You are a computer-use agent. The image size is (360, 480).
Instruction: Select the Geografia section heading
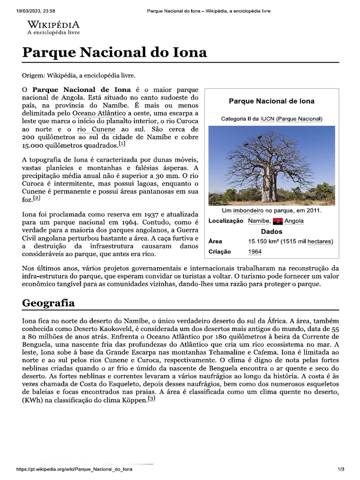click(48, 303)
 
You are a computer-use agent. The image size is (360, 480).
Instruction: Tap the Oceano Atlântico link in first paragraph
click(99, 113)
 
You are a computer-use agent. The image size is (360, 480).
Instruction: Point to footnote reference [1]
click(122, 143)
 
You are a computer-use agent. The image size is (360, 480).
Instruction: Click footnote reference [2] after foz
click(37, 198)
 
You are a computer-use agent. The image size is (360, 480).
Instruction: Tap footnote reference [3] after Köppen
click(151, 399)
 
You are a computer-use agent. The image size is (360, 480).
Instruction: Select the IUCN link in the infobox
click(267, 119)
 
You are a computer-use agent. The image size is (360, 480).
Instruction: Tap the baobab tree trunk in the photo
click(270, 185)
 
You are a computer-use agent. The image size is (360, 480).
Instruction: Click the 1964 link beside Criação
click(255, 252)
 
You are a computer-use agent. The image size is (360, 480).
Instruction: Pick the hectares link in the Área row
click(320, 241)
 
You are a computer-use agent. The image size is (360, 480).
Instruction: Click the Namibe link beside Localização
click(258, 221)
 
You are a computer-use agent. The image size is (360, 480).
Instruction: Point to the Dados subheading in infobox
click(271, 232)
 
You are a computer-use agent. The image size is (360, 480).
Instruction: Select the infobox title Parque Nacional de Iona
click(271, 101)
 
